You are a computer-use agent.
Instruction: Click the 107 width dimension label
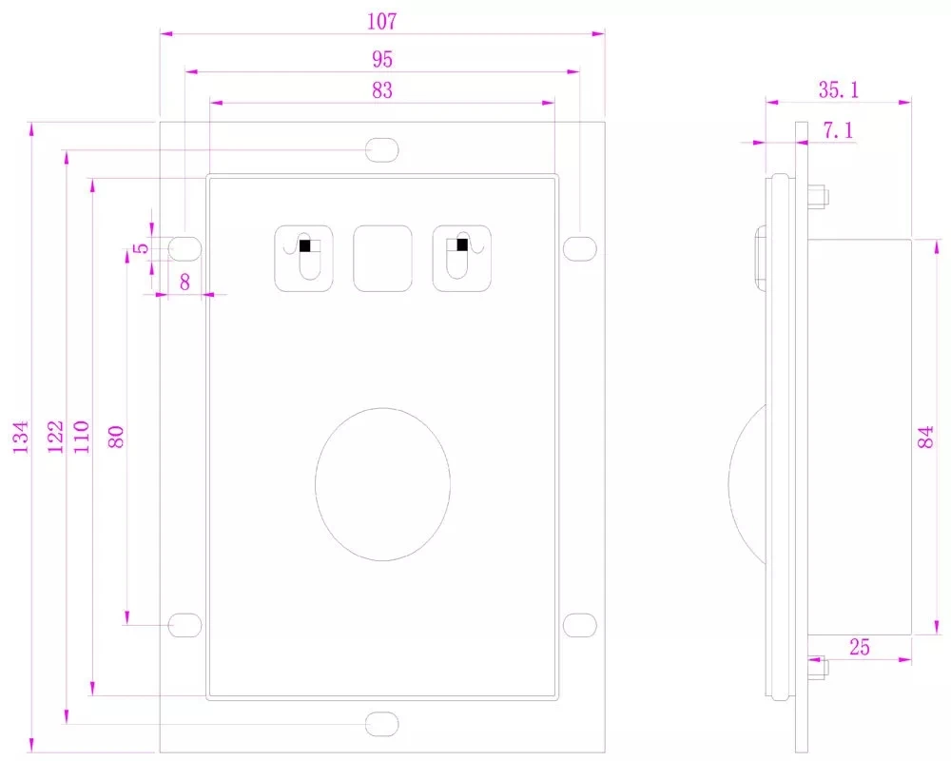point(381,20)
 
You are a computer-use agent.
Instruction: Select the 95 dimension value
point(381,59)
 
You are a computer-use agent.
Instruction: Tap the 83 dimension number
point(381,90)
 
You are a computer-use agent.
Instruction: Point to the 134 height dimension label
point(21,438)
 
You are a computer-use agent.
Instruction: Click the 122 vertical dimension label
point(55,438)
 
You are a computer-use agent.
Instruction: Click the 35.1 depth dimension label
point(839,89)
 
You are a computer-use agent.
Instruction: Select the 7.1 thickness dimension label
point(838,131)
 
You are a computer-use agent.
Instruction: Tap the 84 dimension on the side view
point(926,438)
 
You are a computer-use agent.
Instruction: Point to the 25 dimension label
point(859,648)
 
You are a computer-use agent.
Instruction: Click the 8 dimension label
point(184,281)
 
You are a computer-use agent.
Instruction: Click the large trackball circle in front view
point(382,484)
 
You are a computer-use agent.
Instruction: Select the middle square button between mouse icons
point(382,258)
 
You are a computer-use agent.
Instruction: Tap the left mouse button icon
point(304,258)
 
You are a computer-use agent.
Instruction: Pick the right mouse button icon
point(461,258)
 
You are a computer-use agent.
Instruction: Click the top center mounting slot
point(382,150)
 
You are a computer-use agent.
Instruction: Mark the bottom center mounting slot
point(382,724)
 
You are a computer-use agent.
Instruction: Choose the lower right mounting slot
point(579,624)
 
